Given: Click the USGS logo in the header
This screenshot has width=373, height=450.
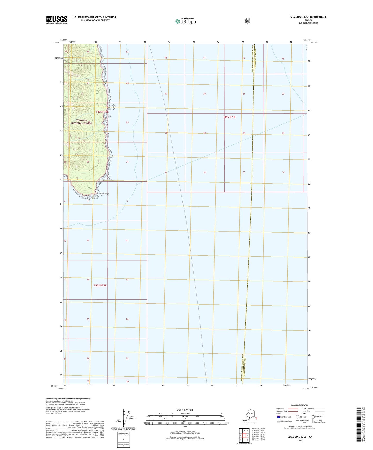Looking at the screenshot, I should pyautogui.click(x=57, y=20).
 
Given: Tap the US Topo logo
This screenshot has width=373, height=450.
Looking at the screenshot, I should pyautogui.click(x=185, y=21).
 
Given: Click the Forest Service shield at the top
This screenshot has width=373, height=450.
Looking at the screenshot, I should pyautogui.click(x=248, y=21).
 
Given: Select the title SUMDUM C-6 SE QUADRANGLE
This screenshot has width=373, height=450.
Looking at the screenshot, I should pyautogui.click(x=308, y=17).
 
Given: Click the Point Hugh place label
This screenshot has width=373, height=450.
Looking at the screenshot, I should pyautogui.click(x=104, y=193).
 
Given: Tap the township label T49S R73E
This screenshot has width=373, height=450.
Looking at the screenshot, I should pyautogui.click(x=229, y=117).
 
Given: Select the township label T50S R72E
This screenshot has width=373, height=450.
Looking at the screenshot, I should pyautogui.click(x=100, y=285).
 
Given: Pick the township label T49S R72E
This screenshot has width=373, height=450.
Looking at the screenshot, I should pyautogui.click(x=101, y=112).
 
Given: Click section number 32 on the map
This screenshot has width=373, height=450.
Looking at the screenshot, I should pyautogui.click(x=204, y=172).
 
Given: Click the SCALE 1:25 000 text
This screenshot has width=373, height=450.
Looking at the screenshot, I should pyautogui.click(x=185, y=410).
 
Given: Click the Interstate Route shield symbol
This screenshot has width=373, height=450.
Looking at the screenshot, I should pyautogui.click(x=278, y=417).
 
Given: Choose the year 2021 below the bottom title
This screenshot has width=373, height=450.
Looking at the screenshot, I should pyautogui.click(x=299, y=441).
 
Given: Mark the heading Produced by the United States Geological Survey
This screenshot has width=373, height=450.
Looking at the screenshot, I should pyautogui.click(x=68, y=399).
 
